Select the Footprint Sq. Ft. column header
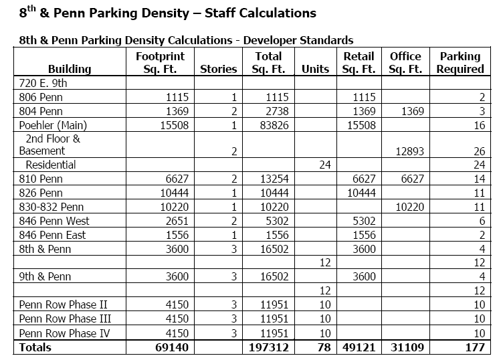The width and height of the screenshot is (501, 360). tap(160, 62)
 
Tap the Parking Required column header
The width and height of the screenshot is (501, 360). tap(460, 62)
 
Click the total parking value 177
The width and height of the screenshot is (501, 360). tap(473, 347)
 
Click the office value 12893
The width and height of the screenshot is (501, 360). tap(410, 151)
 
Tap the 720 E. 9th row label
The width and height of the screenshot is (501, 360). tap(44, 83)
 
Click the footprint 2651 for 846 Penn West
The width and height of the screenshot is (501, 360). tap(173, 221)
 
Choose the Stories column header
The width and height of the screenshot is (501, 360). tap(219, 69)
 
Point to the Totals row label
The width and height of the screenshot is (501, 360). tap(35, 347)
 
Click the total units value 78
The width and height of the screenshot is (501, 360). tap(322, 347)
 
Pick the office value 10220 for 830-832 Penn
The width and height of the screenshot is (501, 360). tap(410, 207)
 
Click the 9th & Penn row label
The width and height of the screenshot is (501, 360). tap(45, 277)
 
